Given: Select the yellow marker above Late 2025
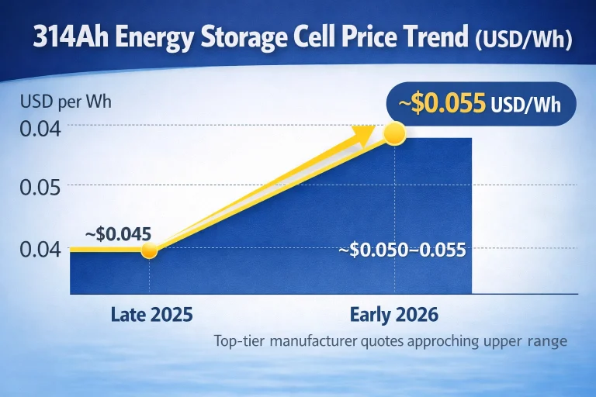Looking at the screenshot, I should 150,250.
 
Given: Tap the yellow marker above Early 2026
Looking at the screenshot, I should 395,133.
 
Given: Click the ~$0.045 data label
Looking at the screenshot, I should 118,233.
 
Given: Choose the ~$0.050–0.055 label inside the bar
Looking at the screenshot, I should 403,250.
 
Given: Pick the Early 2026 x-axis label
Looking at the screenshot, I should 394,315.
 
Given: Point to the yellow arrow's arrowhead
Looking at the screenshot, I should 365,136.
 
